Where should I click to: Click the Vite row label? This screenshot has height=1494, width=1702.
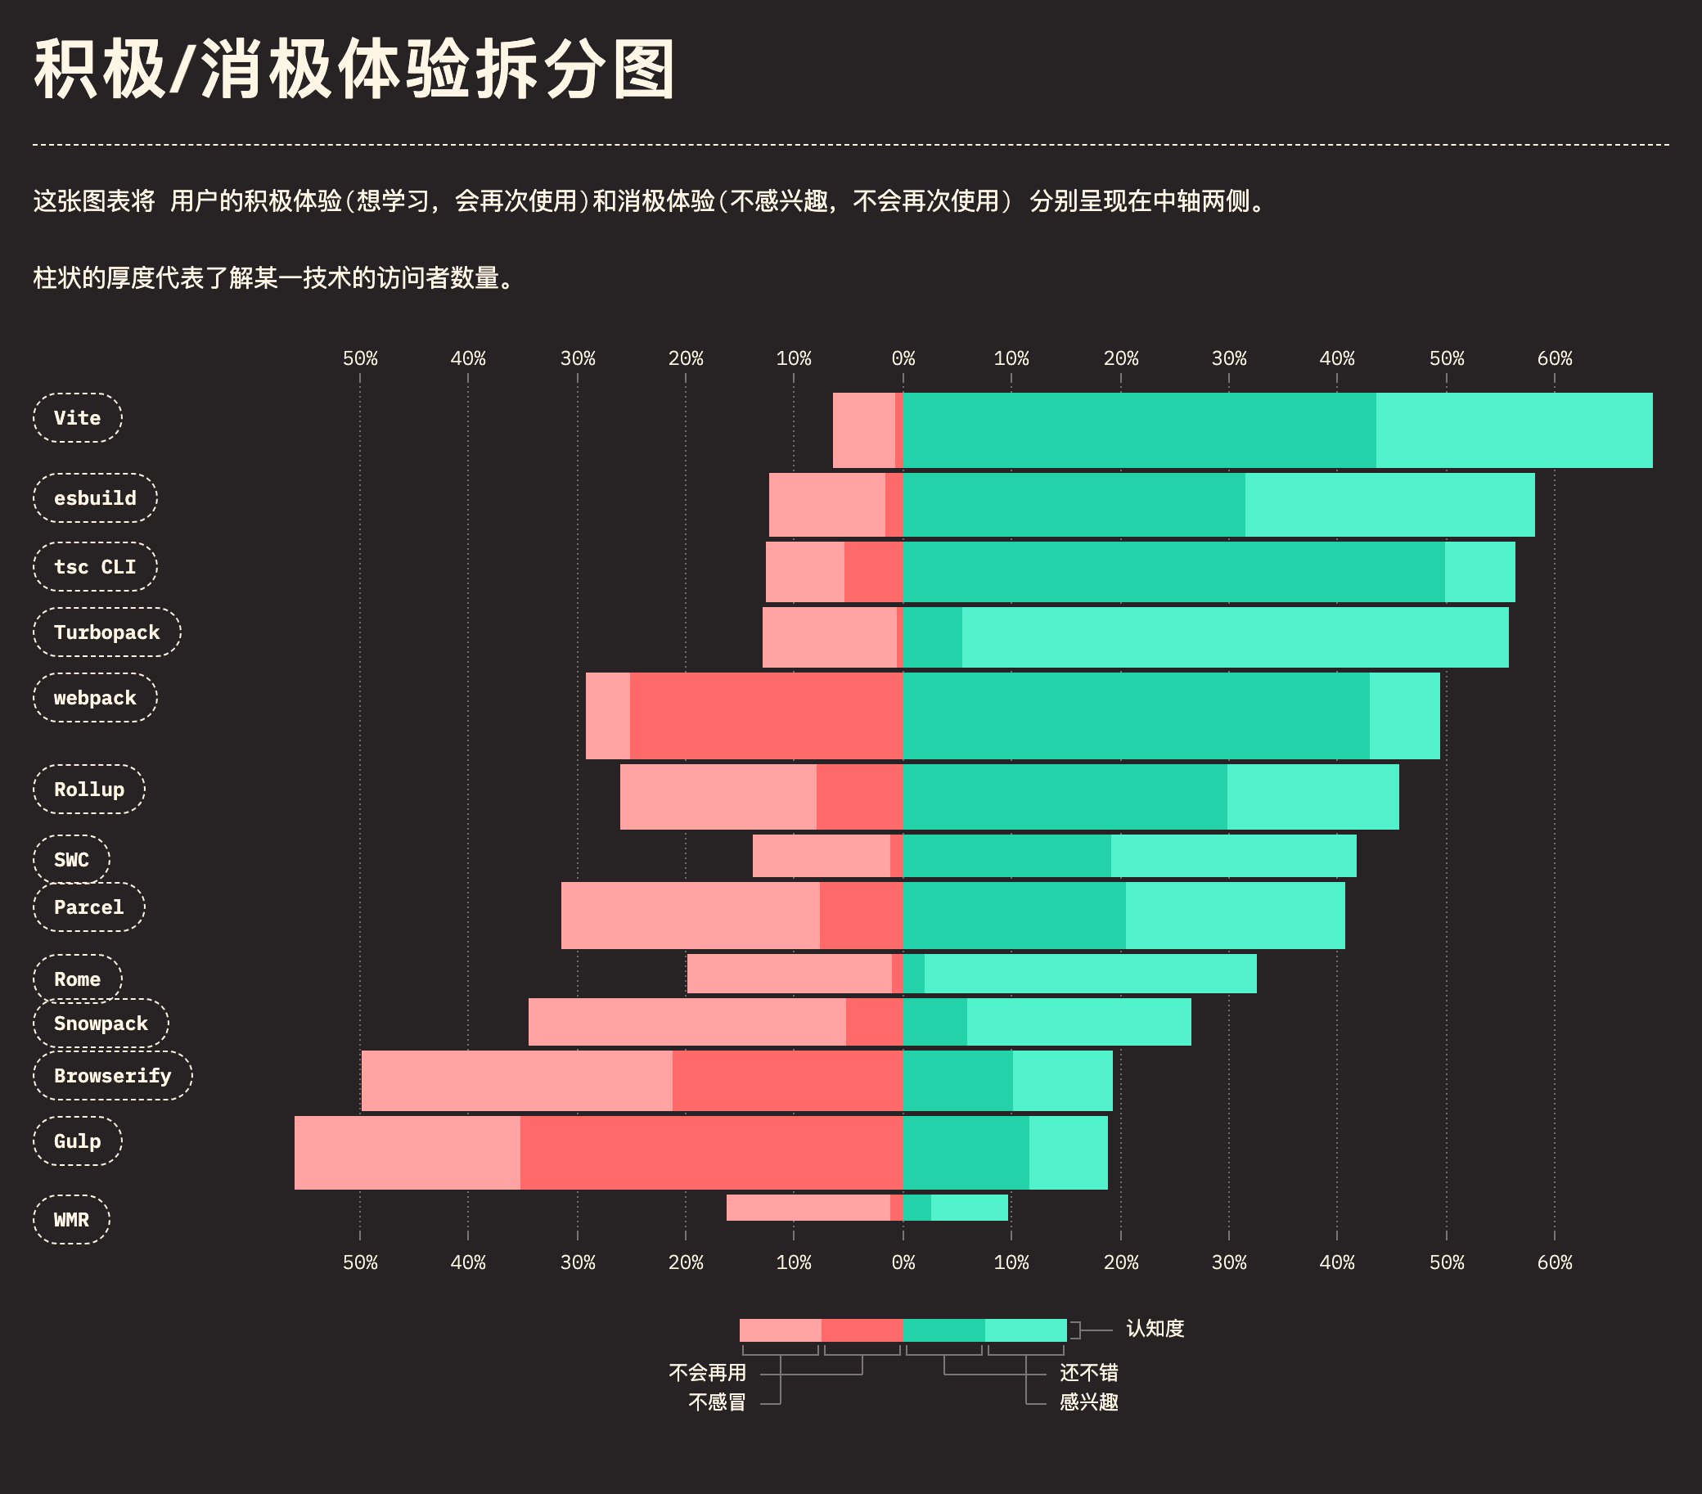point(78,418)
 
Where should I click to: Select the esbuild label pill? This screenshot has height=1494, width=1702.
point(95,498)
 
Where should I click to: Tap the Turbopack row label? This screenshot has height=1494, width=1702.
point(106,632)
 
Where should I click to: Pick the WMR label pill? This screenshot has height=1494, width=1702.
point(72,1220)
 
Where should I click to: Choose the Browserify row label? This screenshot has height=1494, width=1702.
point(112,1076)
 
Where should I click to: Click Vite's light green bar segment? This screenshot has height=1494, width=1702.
point(1514,430)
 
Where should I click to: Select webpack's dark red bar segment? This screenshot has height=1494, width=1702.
point(766,716)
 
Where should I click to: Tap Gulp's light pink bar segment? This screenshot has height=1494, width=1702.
point(407,1153)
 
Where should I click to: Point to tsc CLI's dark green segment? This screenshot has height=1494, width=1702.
point(1174,572)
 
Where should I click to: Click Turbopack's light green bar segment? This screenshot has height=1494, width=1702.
point(1235,637)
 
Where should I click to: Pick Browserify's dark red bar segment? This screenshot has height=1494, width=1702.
point(788,1081)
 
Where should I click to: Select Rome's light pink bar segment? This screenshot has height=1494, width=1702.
point(790,974)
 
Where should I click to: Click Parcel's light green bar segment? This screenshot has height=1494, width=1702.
point(1235,916)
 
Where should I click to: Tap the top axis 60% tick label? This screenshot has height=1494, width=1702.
point(1554,359)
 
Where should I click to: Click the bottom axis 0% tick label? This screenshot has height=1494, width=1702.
point(903,1262)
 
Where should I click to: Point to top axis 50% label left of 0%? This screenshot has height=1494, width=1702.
point(360,359)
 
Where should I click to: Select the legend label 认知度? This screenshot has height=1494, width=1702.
point(1155,1328)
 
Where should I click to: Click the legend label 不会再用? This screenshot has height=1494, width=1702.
point(707,1372)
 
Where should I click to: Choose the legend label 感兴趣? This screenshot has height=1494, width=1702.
point(1088,1402)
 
